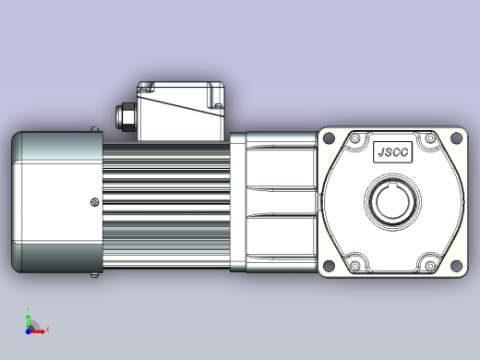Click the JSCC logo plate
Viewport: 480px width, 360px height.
[x=392, y=152]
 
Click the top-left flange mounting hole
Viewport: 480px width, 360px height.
[x=329, y=138]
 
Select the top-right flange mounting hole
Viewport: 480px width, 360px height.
[x=456, y=138]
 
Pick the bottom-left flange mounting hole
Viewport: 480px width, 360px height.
[x=329, y=265]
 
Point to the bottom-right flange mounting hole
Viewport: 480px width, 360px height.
[x=456, y=265]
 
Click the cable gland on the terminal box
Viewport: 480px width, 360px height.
[x=126, y=117]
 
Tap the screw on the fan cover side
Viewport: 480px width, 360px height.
[x=95, y=202]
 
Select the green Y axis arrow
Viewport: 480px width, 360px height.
[x=29, y=321]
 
